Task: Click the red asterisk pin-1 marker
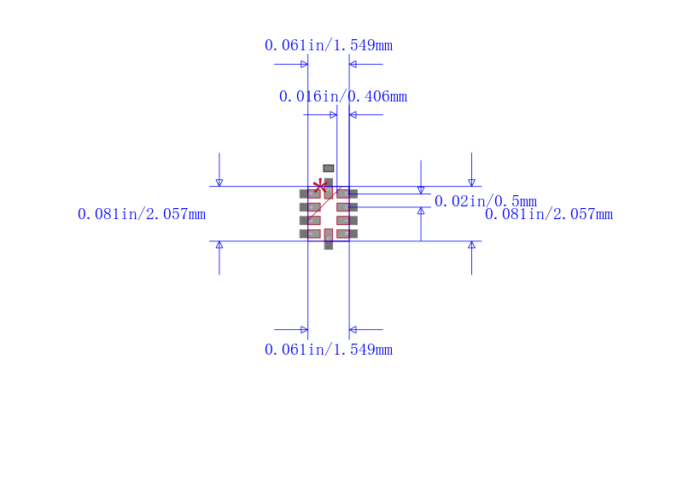tap(320, 186)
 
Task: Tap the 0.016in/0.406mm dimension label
tap(343, 96)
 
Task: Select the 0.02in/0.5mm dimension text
tap(486, 201)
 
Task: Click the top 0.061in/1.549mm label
tap(329, 45)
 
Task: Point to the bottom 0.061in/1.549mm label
tap(329, 350)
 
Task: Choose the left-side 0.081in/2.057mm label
tap(142, 214)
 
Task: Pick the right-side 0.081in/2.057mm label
tap(549, 214)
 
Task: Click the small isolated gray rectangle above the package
tap(329, 168)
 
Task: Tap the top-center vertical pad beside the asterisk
tap(329, 188)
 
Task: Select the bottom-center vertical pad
tap(329, 240)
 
